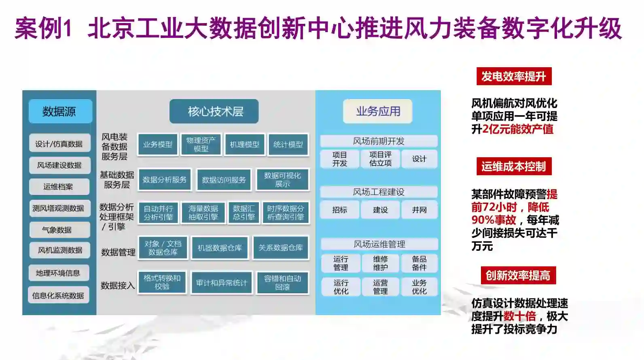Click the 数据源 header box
click(x=60, y=111)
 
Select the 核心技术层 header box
click(x=214, y=111)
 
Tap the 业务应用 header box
click(x=378, y=111)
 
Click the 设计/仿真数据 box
click(x=59, y=144)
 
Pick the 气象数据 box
click(x=59, y=230)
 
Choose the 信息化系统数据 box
click(x=59, y=295)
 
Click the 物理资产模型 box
click(x=201, y=144)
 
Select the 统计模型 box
click(x=288, y=144)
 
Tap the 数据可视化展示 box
click(x=282, y=180)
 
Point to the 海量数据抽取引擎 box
click(x=203, y=213)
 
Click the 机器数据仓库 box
click(x=220, y=248)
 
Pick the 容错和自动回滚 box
click(x=282, y=282)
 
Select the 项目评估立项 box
click(x=380, y=159)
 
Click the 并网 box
click(x=419, y=210)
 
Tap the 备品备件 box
click(x=419, y=263)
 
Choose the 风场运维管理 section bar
click(x=379, y=244)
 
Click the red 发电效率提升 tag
click(x=514, y=76)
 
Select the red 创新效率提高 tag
click(x=518, y=275)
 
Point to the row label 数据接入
click(x=117, y=286)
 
